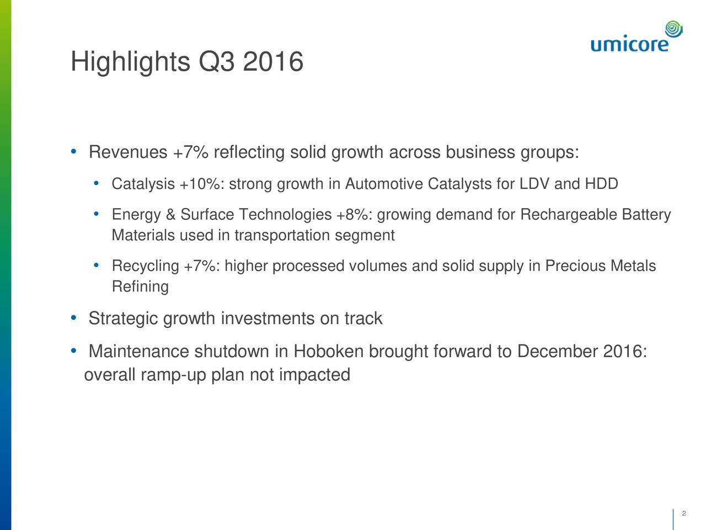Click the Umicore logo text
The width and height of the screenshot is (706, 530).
click(629, 43)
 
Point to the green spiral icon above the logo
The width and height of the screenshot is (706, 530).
click(673, 28)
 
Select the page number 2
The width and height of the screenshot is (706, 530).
click(683, 513)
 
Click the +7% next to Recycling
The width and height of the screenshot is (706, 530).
click(200, 266)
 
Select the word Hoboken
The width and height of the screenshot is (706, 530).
click(328, 352)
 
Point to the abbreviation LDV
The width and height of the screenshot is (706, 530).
click(534, 184)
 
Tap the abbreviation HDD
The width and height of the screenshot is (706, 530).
click(601, 184)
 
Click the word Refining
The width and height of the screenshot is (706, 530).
click(140, 287)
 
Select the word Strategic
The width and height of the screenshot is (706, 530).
click(123, 319)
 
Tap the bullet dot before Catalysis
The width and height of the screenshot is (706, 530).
click(97, 183)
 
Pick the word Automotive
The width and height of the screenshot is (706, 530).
click(384, 184)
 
